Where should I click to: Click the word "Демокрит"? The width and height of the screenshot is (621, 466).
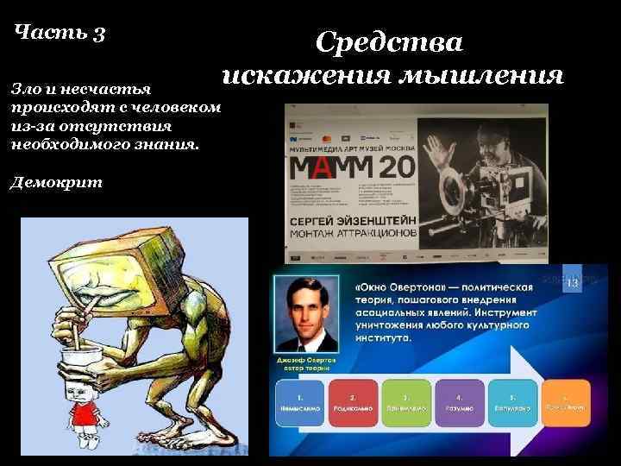pos(56,182)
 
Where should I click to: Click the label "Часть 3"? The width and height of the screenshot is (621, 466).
pos(60,34)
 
